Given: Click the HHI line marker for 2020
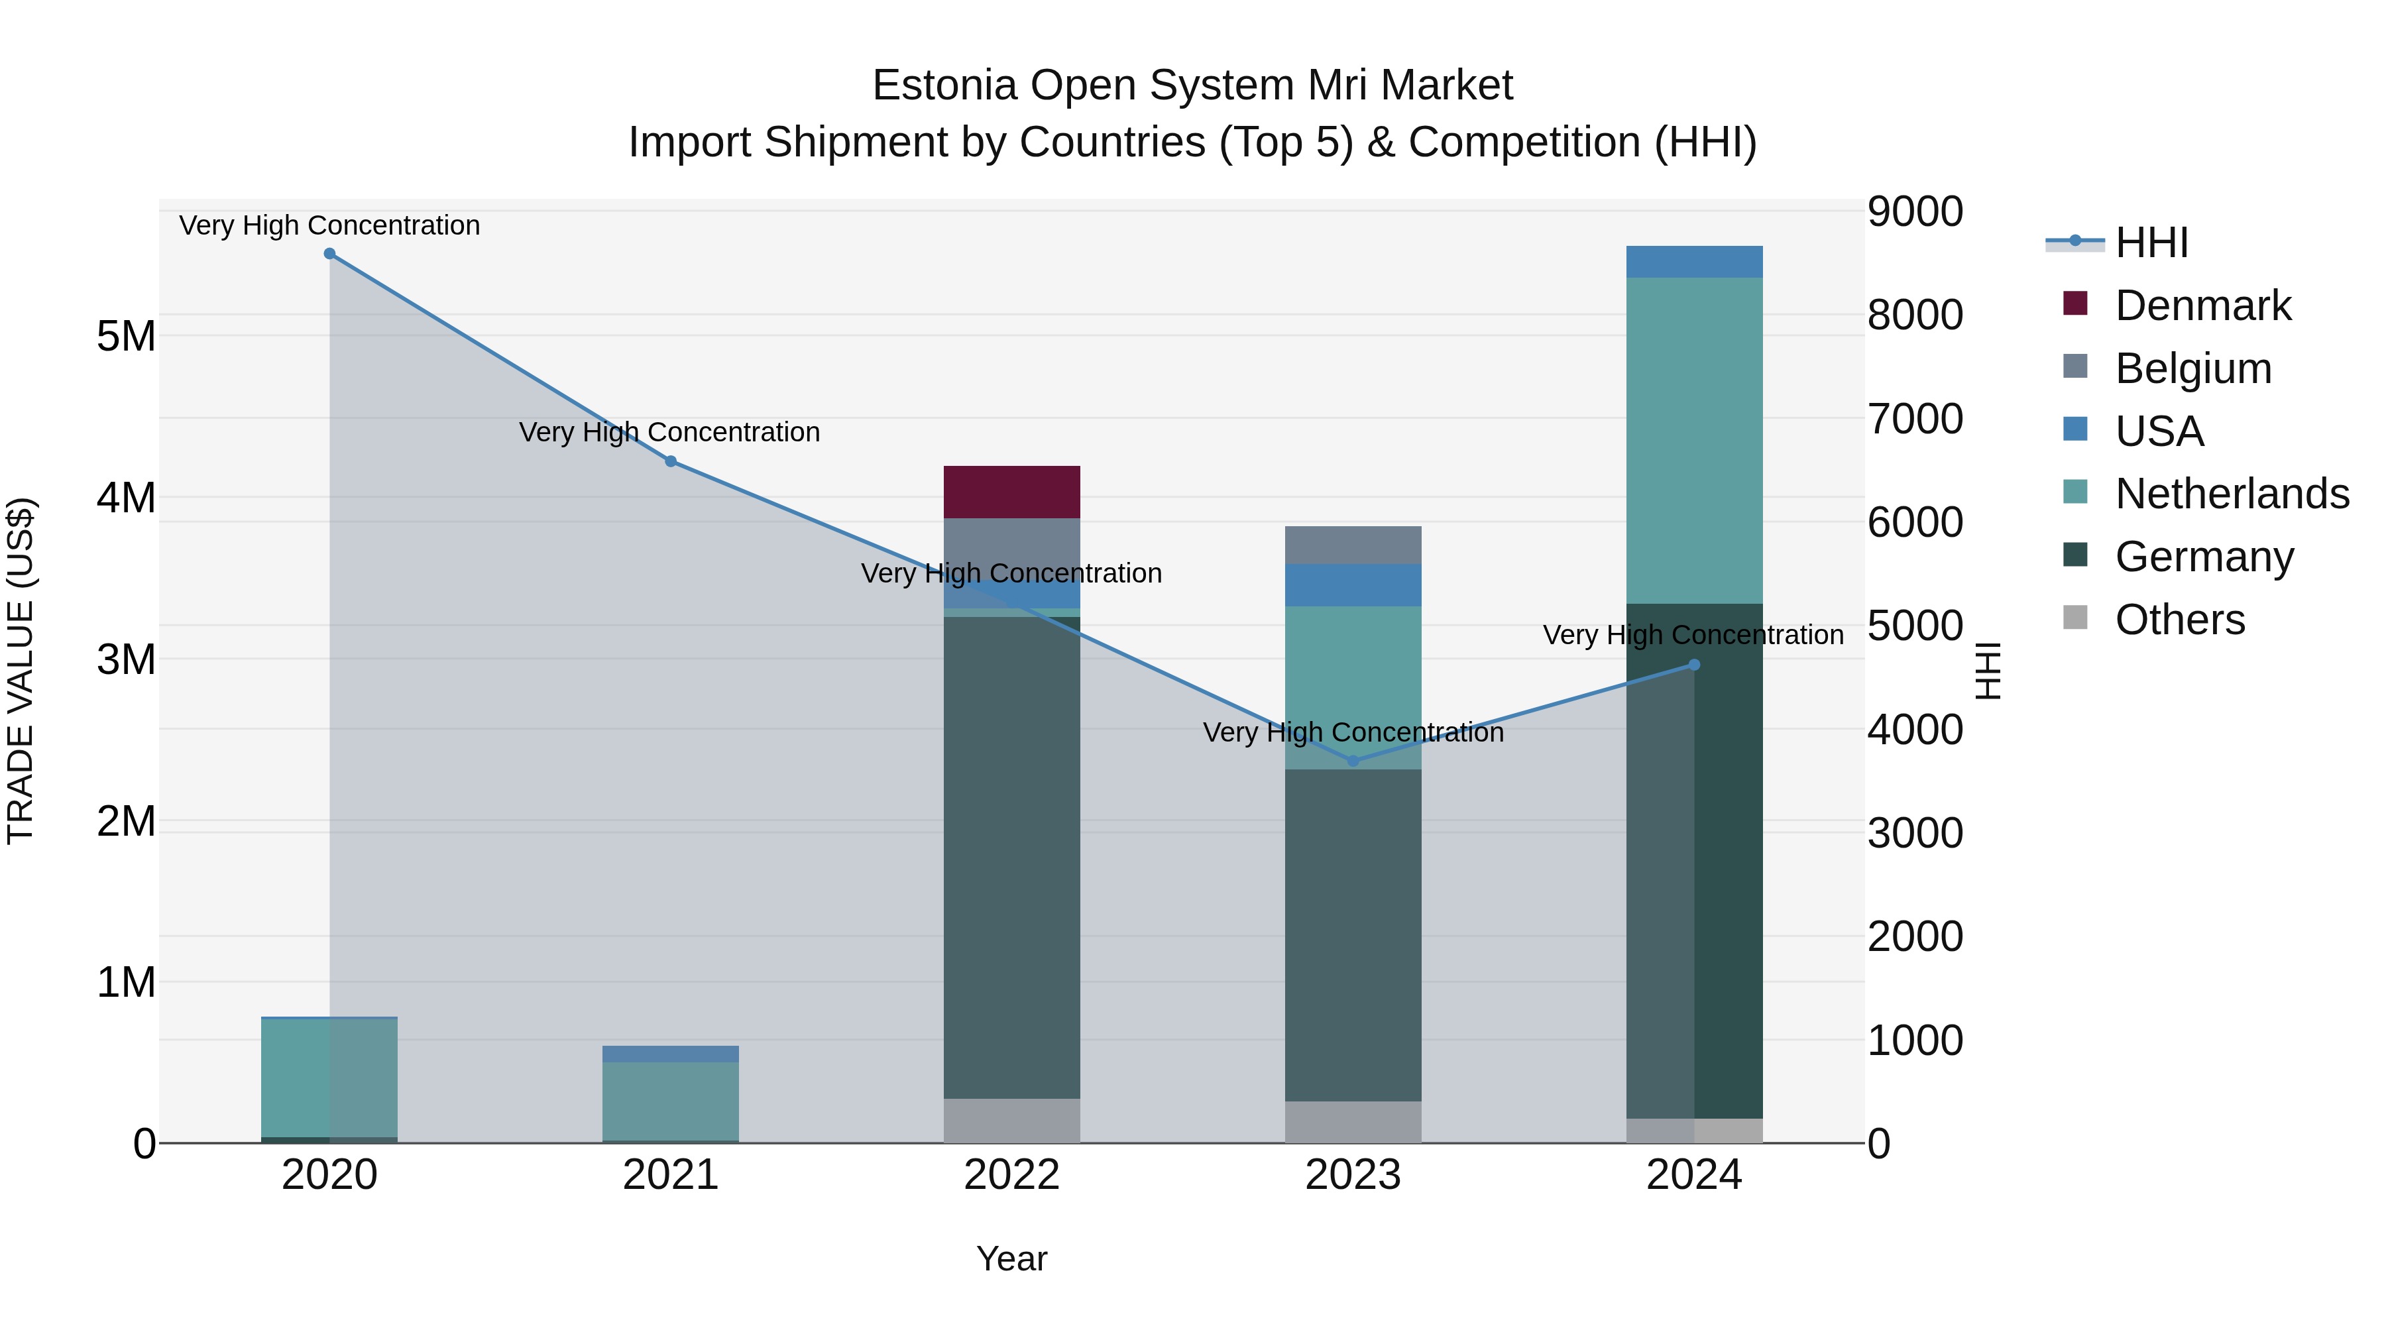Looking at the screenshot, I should click(x=330, y=254).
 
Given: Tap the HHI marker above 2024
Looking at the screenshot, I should click(x=1694, y=664).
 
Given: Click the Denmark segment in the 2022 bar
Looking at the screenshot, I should click(x=1011, y=492).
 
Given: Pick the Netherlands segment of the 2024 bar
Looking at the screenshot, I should click(x=1694, y=440).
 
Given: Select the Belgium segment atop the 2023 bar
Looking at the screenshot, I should click(x=1353, y=545).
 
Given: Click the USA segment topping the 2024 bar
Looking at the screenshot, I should click(x=1694, y=261).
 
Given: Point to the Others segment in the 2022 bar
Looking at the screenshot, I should click(x=1011, y=1121).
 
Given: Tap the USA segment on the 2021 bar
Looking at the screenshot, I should click(x=671, y=1054).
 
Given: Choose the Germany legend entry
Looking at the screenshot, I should click(x=2204, y=557).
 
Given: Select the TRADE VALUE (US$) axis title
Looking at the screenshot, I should click(x=21, y=671).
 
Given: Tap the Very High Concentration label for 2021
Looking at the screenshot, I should click(x=669, y=433).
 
